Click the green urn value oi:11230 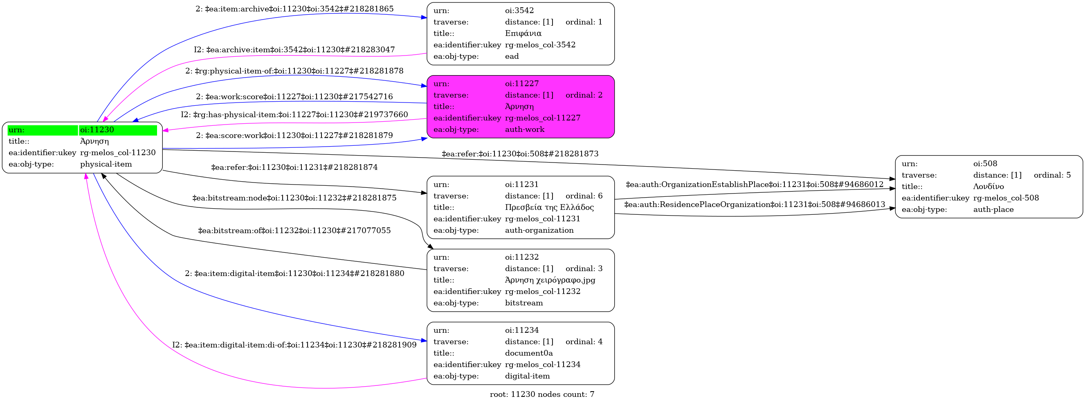pos(97,130)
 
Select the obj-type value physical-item pos(106,164)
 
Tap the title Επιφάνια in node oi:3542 pos(523,33)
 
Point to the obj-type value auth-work pos(524,129)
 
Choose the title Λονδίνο pos(988,186)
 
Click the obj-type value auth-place pos(993,209)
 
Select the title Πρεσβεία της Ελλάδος pos(549,207)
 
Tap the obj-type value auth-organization pos(539,230)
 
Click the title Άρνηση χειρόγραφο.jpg pos(550,280)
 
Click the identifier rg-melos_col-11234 pos(542,364)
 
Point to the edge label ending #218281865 pos(294,9)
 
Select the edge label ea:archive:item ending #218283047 pos(294,50)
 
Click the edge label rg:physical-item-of pos(294,71)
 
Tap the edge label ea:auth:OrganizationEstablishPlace pos(755,184)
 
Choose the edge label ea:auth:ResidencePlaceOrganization pos(755,205)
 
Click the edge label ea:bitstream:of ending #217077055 pos(294,231)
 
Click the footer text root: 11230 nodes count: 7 pos(541,394)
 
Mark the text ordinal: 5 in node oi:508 pos(1052,175)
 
